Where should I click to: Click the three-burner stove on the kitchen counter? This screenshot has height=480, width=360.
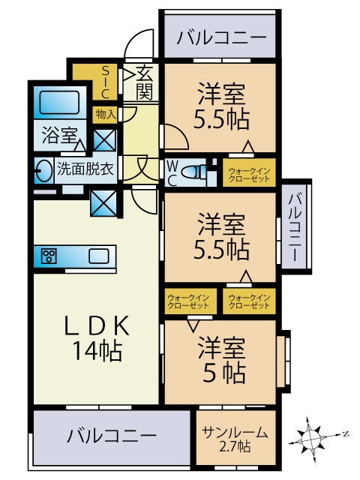(49, 256)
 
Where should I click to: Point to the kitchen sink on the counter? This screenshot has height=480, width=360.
(99, 256)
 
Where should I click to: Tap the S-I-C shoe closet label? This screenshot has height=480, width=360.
(105, 82)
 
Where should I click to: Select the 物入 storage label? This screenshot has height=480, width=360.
(106, 115)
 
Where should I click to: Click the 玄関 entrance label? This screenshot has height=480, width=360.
(144, 82)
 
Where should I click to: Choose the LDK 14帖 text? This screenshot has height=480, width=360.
(97, 338)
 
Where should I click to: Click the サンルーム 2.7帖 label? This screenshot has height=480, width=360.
(235, 439)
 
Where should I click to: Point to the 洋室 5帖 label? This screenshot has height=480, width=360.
(222, 360)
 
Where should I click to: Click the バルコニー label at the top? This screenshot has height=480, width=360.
(222, 38)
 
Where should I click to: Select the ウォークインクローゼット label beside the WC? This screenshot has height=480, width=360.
(249, 175)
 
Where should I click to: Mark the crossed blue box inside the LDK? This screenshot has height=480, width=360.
(103, 203)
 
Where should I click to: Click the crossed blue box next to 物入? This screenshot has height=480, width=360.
(104, 140)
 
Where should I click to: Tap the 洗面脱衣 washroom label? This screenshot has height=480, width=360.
(85, 169)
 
